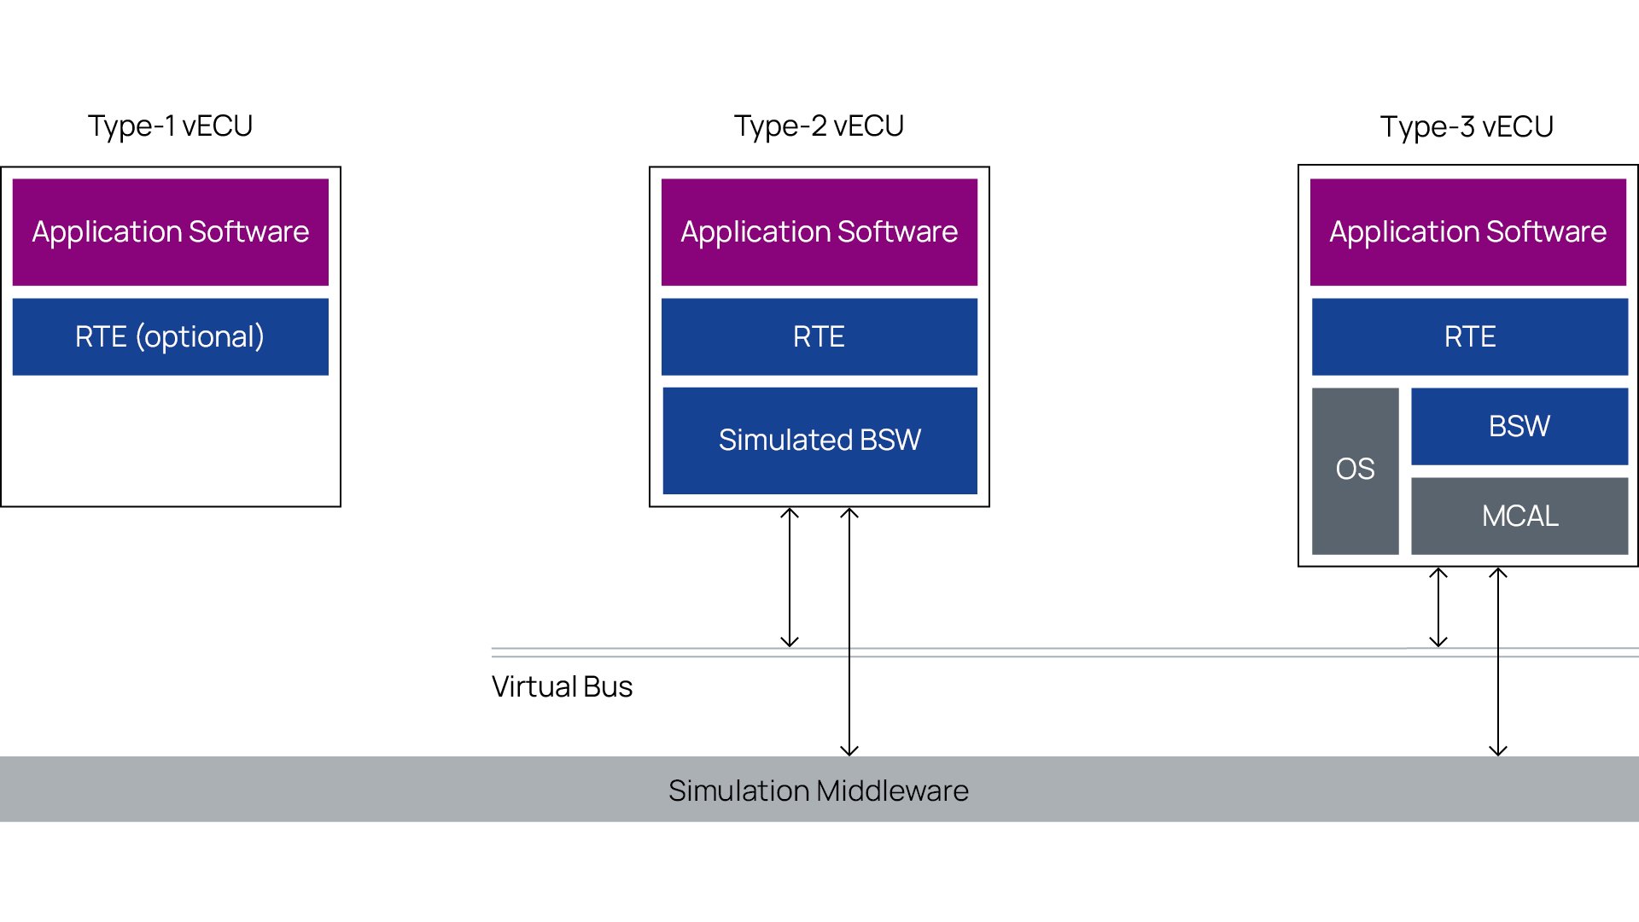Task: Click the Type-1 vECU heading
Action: coord(170,125)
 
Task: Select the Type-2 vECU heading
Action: coord(819,125)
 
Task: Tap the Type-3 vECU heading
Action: coord(1467,126)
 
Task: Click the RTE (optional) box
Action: coord(170,336)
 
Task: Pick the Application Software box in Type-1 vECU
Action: coord(170,231)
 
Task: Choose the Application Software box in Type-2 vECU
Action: coord(819,231)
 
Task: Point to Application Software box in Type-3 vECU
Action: coord(1467,231)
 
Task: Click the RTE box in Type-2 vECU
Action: coord(819,336)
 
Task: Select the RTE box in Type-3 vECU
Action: coord(1469,336)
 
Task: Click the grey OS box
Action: coord(1355,470)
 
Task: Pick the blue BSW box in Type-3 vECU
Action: coord(1519,426)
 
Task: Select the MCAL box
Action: coord(1519,516)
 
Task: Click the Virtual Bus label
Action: coord(562,686)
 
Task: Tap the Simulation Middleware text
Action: coord(818,791)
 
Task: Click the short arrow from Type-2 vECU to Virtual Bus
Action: coord(790,577)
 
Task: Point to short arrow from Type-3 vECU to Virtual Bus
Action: coord(1438,607)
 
